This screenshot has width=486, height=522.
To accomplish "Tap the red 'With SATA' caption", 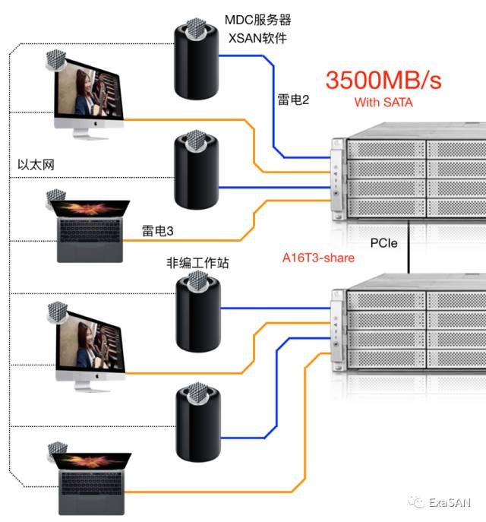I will pyautogui.click(x=383, y=103).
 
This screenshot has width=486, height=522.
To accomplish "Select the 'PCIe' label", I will pyautogui.click(x=384, y=244).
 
